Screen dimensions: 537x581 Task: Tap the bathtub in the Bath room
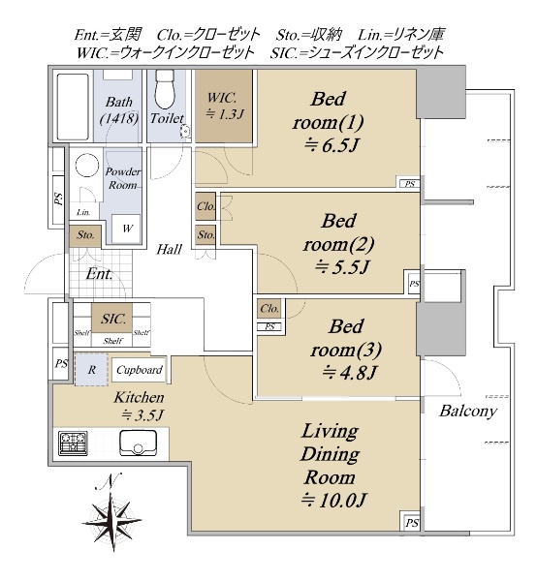pos(73,107)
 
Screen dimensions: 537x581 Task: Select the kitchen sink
pos(138,443)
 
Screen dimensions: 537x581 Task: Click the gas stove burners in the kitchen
pos(73,443)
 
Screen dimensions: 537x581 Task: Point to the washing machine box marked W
pos(126,229)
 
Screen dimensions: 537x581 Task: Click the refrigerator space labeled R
pos(91,370)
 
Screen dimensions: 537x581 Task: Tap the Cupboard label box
pos(139,370)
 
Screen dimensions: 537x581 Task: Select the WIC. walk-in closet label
pos(224,106)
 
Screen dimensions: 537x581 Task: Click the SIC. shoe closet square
pos(112,319)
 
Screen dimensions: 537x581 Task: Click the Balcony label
pos(468,412)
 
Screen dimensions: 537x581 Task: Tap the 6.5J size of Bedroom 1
pos(331,145)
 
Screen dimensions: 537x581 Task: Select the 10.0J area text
pos(333,501)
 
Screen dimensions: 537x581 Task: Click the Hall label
pos(169,250)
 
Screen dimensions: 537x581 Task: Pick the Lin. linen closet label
pos(83,212)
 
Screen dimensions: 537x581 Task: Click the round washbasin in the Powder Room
pos(87,166)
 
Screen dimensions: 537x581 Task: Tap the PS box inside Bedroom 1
pos(409,183)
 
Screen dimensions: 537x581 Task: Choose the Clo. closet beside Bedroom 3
pos(269,309)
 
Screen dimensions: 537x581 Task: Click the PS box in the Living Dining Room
pos(411,523)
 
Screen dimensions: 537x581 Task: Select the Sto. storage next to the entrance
pos(85,235)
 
